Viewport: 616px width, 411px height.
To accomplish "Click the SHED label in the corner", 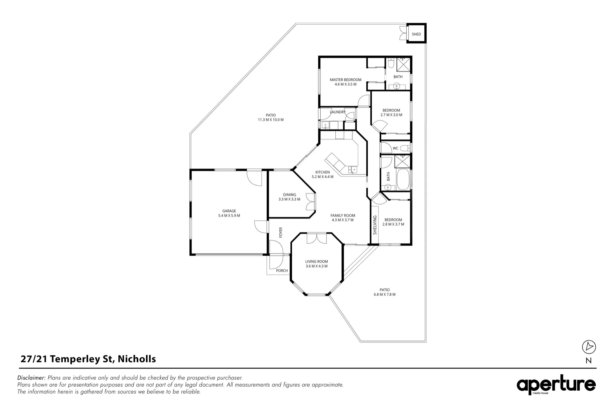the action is point(416,34).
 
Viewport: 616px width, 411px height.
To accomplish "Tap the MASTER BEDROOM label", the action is point(346,80).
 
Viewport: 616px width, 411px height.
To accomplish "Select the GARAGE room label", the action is point(229,211).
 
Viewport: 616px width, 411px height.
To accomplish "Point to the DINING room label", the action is point(290,195).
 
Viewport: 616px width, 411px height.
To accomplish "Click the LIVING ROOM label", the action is point(317,262).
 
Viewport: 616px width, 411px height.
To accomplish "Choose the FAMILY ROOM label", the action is point(343,216).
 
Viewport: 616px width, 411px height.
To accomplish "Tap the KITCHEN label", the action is point(322,172).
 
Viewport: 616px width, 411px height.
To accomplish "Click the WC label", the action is point(395,148).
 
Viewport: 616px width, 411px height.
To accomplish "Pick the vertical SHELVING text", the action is point(375,225).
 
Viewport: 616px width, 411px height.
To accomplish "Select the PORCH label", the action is point(282,271).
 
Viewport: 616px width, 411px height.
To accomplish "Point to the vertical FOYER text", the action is point(281,232).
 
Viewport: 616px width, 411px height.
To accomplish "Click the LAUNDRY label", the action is point(338,112).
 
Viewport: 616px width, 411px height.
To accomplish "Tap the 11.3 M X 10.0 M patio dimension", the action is point(271,120).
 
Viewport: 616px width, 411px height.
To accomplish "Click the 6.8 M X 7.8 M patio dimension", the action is point(384,294).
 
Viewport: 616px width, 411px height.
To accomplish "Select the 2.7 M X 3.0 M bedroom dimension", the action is point(391,115).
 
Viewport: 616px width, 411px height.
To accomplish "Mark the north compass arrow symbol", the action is point(589,347).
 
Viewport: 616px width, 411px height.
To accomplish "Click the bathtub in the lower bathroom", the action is point(403,180).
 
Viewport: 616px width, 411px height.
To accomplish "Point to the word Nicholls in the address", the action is point(137,359).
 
